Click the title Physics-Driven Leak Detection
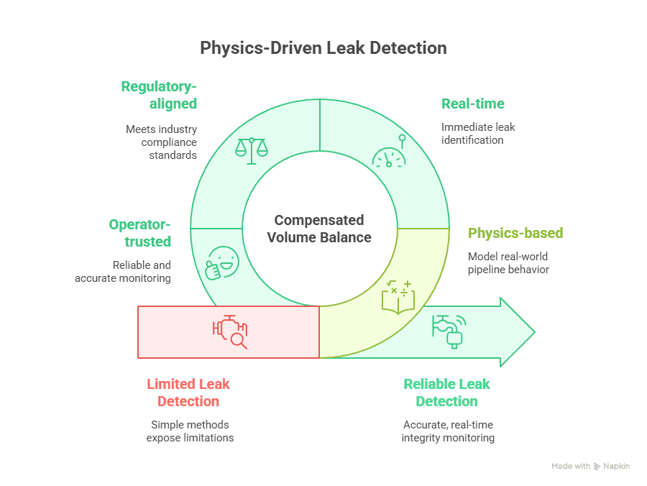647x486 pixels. point(323,48)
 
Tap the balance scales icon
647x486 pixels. point(251,150)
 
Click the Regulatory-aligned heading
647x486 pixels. point(159,95)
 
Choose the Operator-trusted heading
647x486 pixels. point(140,233)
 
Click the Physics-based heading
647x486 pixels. point(515,233)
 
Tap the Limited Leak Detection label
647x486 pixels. point(188,393)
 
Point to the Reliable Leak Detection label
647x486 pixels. point(446,393)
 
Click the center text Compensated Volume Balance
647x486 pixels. point(319,229)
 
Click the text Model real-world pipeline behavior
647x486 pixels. point(508,262)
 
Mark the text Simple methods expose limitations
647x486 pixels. point(190,431)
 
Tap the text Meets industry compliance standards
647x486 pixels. point(161,142)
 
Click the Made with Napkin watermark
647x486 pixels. point(590,466)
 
